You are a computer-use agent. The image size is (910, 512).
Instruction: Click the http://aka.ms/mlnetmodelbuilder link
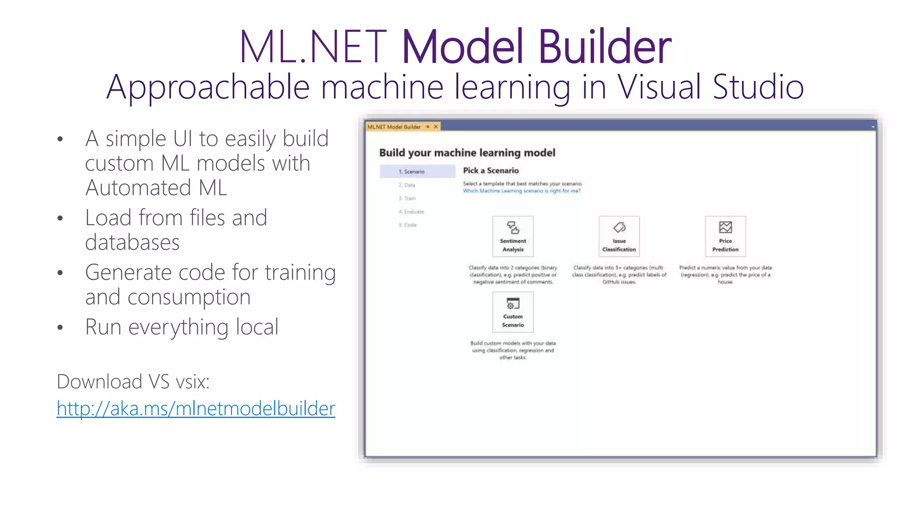196,408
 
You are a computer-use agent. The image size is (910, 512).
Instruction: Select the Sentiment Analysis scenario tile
513,236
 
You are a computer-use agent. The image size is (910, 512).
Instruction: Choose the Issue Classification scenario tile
619,236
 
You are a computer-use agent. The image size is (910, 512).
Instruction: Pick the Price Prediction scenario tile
725,236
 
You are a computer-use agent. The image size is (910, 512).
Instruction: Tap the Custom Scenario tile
513,312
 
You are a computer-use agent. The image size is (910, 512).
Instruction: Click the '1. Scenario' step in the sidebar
412,172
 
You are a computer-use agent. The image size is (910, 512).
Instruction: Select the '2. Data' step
407,185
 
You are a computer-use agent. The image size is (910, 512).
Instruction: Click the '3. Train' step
407,198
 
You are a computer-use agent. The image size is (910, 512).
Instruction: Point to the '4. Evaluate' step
411,212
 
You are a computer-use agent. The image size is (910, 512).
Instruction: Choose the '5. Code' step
408,225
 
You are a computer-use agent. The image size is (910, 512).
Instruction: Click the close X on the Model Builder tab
436,127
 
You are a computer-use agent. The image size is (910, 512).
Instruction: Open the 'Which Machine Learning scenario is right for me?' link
522,191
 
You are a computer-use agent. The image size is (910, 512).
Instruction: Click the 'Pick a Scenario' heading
491,171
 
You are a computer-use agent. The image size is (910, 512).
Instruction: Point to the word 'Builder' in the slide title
605,47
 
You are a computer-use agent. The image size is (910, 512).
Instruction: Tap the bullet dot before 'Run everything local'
60,328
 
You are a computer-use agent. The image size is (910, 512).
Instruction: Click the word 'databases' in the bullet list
132,243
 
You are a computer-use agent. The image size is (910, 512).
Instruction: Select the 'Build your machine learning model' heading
467,153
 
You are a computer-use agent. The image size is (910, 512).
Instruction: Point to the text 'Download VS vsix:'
133,382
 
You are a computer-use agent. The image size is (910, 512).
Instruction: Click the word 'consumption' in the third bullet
189,297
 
